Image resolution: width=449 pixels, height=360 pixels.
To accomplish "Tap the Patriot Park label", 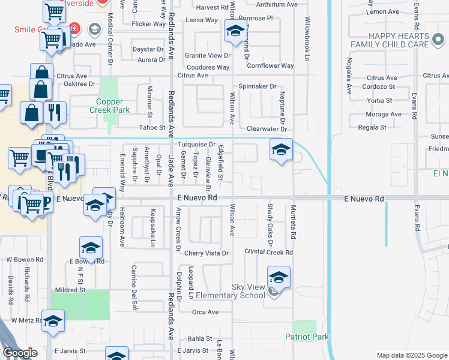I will coord(307,337).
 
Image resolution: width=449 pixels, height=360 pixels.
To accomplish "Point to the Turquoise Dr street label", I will coord(196,145).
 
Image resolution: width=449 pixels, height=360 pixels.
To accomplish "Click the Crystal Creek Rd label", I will coord(268,253).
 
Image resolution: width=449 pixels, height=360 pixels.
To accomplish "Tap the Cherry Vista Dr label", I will coord(206,253).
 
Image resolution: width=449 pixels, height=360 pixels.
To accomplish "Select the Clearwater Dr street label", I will coord(267,129).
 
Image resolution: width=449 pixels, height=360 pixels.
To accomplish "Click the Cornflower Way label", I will coord(270,65).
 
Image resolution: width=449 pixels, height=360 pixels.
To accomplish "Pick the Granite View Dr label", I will coord(208,55).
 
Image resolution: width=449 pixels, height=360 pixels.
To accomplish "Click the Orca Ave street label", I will coord(205,312).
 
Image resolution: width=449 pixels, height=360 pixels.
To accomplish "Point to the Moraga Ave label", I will coord(384,114).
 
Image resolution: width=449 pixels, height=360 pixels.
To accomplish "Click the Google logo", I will coord(20,353).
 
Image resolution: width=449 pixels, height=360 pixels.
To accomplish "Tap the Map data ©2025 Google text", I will coord(411,355).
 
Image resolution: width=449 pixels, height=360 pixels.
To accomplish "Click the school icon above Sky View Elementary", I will coord(279,278).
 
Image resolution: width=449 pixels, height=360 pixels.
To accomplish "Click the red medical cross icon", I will coord(74,28).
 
